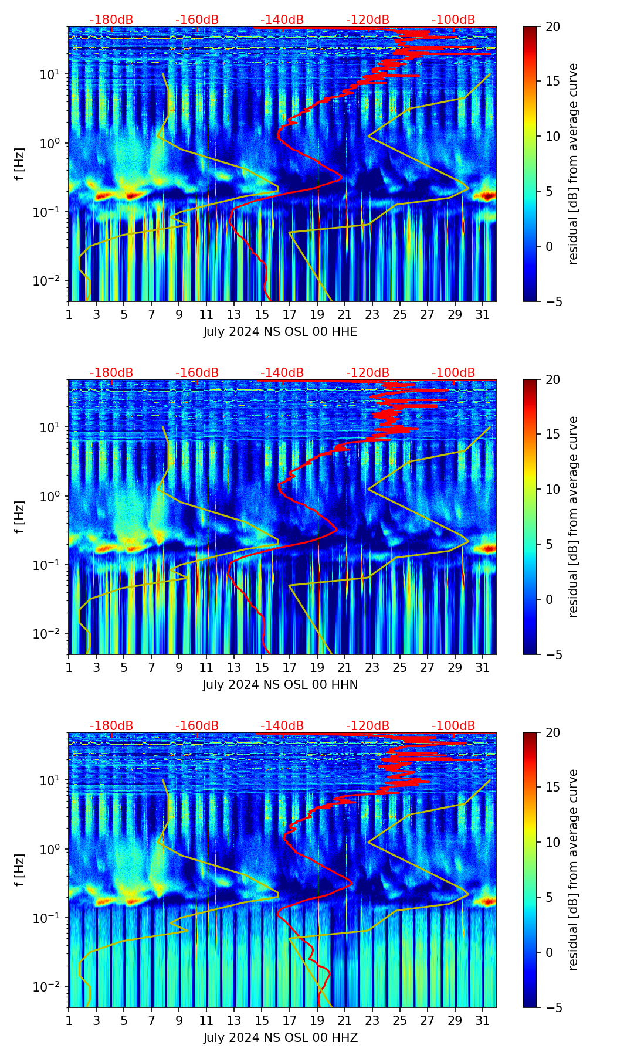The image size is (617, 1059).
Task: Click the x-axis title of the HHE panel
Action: click(280, 332)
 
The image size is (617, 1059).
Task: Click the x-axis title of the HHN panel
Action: click(280, 685)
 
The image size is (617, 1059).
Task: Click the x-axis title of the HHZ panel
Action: click(280, 1038)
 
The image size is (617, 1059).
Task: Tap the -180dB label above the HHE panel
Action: click(111, 20)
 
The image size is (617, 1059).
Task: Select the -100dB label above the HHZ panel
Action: click(453, 726)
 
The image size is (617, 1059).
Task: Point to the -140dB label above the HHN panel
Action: click(282, 373)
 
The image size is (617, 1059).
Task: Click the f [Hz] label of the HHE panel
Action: click(20, 164)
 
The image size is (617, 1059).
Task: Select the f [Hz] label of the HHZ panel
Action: click(20, 870)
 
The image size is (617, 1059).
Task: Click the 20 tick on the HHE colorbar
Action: click(552, 27)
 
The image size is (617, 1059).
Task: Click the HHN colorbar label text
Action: click(573, 517)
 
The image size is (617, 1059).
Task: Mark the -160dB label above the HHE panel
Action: click(197, 20)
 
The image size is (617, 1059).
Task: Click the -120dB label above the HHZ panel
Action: click(368, 726)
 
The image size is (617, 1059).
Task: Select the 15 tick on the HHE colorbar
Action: click(552, 82)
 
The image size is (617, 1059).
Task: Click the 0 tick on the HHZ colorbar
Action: click(550, 952)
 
